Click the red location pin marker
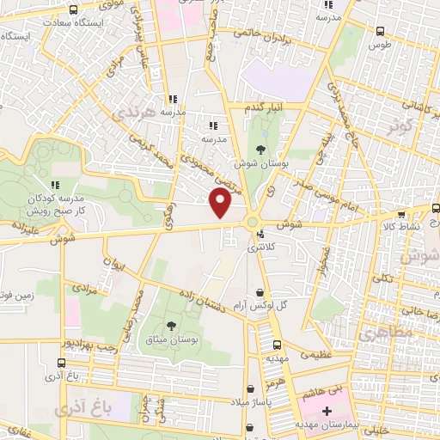point(221,203)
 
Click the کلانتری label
point(258,247)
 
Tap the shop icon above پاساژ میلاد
point(250,388)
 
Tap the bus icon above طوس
point(381,31)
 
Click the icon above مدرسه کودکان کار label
point(55,184)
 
